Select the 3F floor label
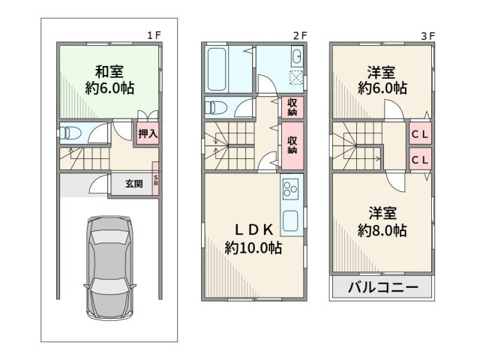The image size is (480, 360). point(427,34)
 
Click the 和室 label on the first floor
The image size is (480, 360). point(109,73)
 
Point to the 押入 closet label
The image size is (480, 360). point(148,133)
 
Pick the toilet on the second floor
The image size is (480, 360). point(217,106)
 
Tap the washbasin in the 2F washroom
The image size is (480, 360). point(295,57)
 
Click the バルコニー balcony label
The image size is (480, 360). point(382,288)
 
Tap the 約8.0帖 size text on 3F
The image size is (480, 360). point(382,230)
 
